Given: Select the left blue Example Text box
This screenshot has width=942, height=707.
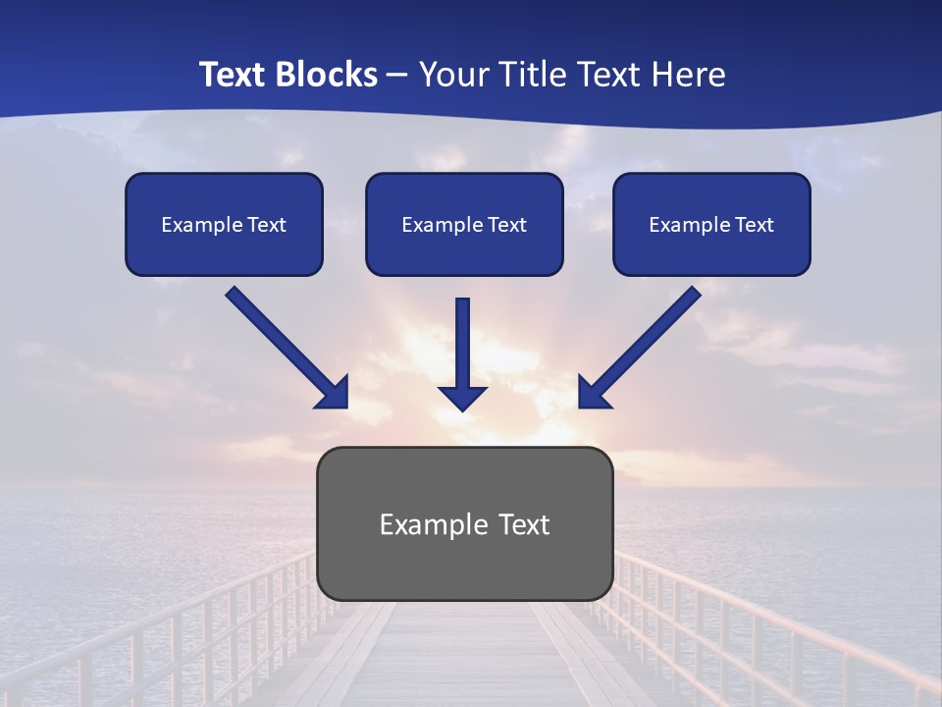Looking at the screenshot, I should click(x=224, y=224).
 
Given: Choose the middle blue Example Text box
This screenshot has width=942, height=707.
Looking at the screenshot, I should click(x=464, y=224).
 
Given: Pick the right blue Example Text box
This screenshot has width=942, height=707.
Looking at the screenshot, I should click(x=711, y=224).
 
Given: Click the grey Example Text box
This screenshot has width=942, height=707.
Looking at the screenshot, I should click(x=464, y=565).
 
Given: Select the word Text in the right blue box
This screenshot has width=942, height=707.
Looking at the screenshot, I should click(x=755, y=225).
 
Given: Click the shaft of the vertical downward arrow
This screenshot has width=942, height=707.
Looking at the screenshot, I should click(x=463, y=339).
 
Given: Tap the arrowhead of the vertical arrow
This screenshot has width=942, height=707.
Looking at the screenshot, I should click(x=463, y=397).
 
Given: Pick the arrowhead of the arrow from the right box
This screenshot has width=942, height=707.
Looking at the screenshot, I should click(x=594, y=392).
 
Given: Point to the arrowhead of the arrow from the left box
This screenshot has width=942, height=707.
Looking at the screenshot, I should click(x=333, y=392).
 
